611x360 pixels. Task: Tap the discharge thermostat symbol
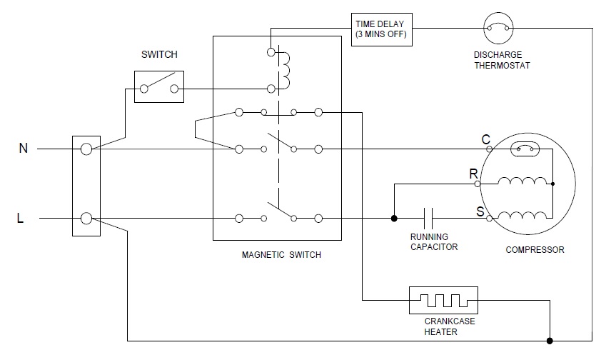499,29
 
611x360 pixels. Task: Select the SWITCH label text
160,54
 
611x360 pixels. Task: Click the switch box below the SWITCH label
159,87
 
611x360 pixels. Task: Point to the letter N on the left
23,149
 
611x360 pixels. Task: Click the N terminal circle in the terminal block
86,149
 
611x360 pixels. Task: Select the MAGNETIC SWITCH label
281,255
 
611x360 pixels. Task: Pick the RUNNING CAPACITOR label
434,242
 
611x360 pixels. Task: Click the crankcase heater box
443,301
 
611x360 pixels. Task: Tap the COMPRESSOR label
535,250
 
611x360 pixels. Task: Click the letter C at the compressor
486,140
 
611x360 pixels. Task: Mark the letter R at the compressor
473,174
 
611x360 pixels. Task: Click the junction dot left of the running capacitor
393,217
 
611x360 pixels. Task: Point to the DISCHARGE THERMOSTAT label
502,60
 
